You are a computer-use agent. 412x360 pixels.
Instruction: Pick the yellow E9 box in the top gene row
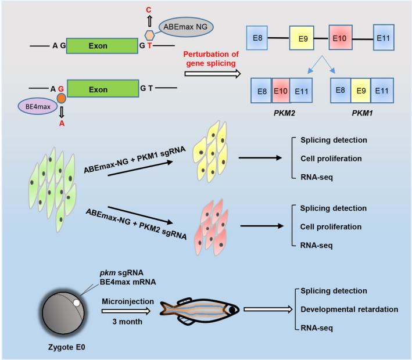tap(302, 39)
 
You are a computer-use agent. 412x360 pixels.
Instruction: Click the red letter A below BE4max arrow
tap(61, 123)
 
